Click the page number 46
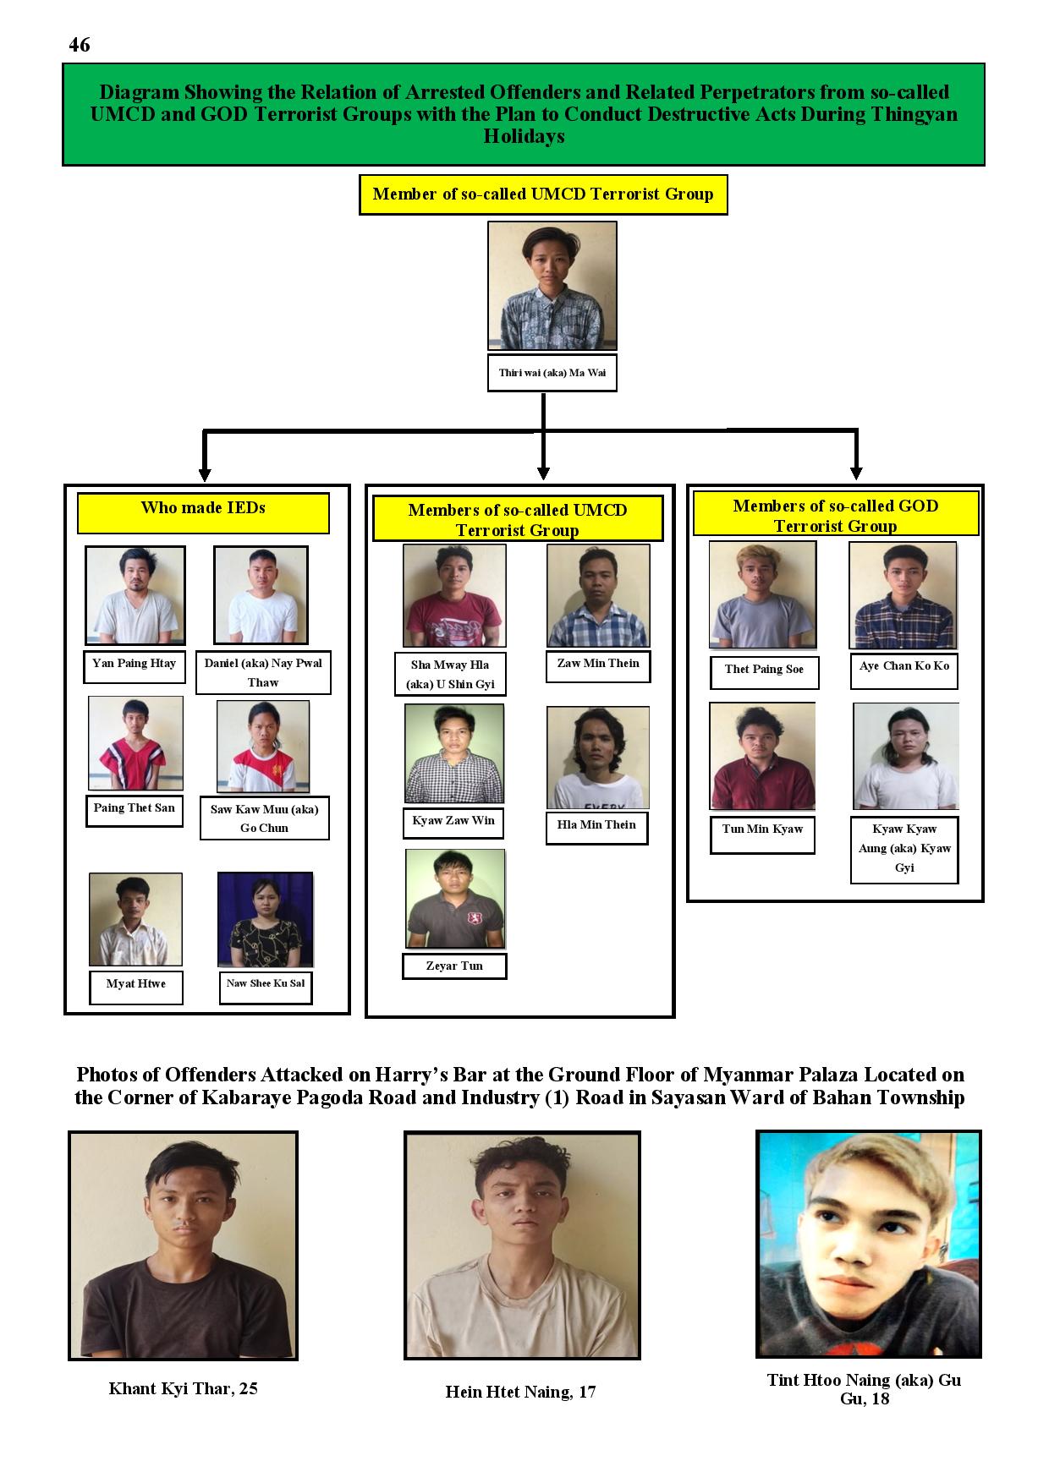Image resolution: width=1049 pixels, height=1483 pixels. [80, 45]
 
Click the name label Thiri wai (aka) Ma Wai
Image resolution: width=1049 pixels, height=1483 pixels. [552, 373]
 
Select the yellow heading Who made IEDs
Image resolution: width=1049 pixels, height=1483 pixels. [203, 513]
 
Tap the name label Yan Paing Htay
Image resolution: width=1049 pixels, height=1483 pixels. [135, 665]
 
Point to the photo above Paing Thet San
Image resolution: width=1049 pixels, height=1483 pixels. [135, 744]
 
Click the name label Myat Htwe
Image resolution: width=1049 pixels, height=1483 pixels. [136, 986]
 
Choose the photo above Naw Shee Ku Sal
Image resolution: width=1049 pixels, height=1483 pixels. [266, 920]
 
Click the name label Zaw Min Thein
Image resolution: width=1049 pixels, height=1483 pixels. [598, 665]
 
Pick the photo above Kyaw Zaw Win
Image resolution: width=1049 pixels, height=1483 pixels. [454, 754]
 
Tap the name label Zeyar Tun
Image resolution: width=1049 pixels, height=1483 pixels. [454, 966]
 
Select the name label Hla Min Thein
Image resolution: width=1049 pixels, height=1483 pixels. [596, 826]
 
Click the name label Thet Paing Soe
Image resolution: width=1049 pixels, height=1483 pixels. [764, 670]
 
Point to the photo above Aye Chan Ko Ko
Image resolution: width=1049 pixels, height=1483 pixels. [903, 596]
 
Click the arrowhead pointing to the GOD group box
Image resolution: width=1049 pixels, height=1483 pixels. [856, 473]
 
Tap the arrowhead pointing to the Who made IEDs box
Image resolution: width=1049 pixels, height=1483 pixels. [204, 475]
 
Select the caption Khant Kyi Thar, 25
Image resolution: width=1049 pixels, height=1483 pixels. [184, 1388]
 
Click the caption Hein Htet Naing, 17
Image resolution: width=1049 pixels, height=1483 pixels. [521, 1392]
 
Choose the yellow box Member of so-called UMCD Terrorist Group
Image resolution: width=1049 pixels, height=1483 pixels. [543, 194]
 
